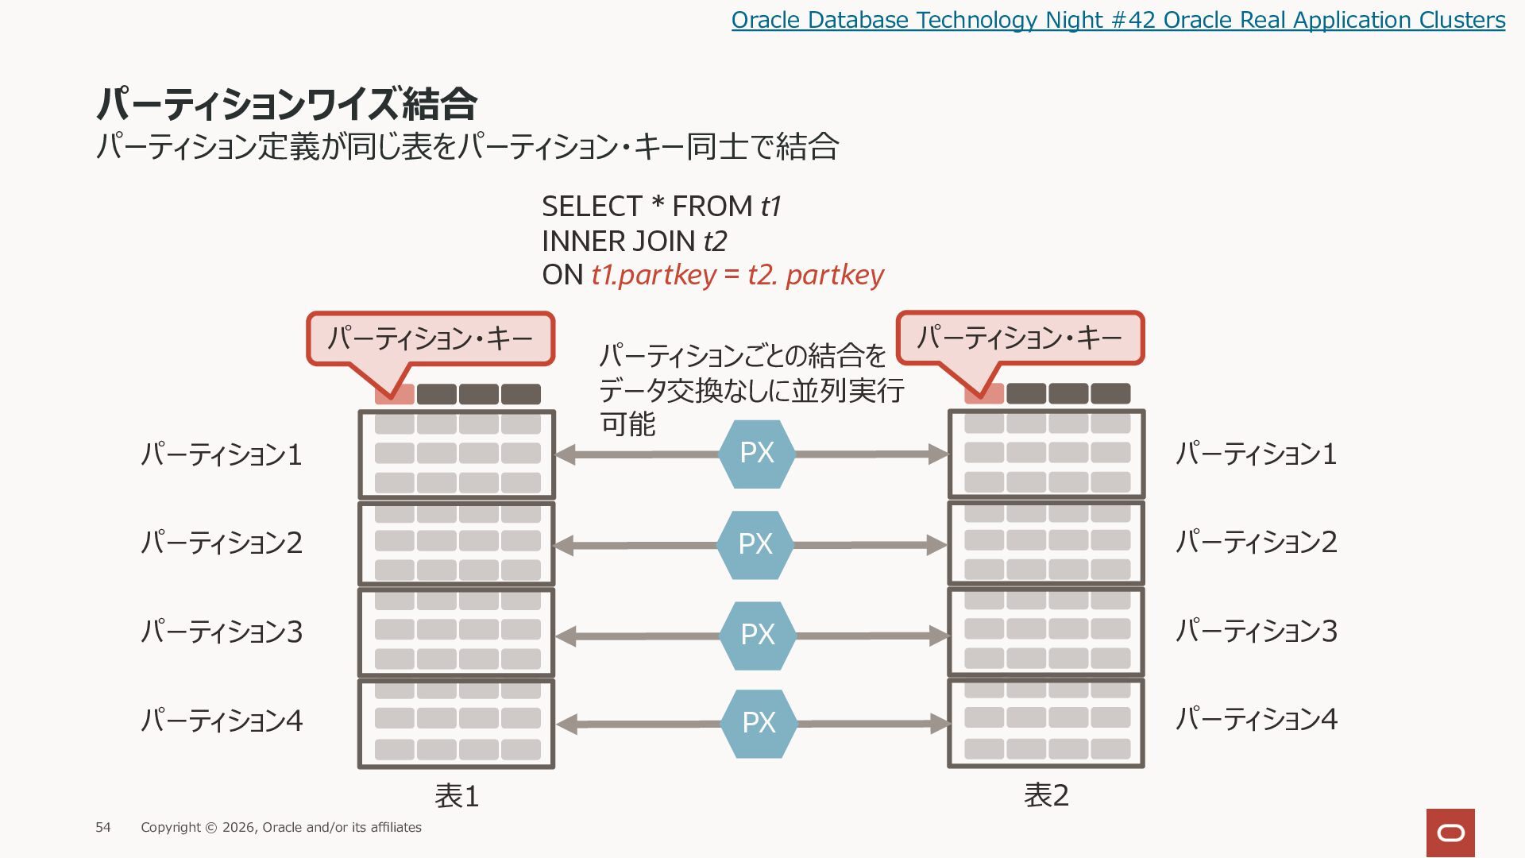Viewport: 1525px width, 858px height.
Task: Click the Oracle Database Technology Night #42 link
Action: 1118,20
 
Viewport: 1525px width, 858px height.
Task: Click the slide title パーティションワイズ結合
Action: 287,103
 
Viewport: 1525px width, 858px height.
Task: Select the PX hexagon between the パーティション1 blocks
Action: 757,454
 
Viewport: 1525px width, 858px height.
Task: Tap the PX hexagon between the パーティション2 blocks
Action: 755,545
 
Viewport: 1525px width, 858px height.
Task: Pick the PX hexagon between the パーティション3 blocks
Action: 758,636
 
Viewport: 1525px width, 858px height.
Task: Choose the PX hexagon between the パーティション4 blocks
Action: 759,724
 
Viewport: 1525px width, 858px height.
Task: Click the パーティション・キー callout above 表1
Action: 430,339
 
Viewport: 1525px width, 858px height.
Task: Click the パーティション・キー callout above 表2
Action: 1021,338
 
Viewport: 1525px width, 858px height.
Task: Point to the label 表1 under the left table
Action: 457,796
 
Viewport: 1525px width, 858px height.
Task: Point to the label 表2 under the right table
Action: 1046,795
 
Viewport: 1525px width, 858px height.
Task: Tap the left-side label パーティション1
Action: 222,454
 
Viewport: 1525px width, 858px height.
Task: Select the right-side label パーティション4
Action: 1257,719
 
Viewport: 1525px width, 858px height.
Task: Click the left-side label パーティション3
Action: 222,632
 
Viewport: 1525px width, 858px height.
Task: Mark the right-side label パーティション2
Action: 1257,542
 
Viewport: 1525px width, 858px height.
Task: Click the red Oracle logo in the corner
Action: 1450,833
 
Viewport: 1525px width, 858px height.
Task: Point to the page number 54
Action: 103,828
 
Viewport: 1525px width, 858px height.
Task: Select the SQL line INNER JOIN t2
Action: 635,241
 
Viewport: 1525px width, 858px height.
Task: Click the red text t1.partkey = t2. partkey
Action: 737,275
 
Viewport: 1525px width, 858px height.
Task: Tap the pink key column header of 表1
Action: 394,394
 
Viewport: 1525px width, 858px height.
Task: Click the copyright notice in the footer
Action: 281,828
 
